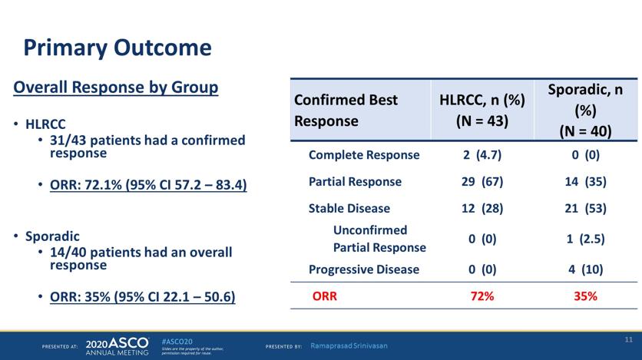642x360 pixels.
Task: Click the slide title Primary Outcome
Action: (x=117, y=48)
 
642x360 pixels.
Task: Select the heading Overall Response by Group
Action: (x=116, y=88)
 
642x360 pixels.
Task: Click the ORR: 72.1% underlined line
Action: (x=148, y=185)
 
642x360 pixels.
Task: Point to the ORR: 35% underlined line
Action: (x=143, y=296)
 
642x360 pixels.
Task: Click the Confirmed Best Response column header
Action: (x=346, y=111)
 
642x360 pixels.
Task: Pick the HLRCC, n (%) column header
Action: (x=482, y=111)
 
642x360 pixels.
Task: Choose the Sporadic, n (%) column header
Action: (x=585, y=110)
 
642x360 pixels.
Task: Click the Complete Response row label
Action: (x=364, y=155)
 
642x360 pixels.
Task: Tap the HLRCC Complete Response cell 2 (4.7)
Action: (x=482, y=155)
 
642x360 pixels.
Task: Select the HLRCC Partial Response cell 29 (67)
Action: (x=482, y=182)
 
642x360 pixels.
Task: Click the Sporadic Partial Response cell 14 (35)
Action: (x=585, y=182)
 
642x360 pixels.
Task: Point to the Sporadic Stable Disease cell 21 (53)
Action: (x=585, y=209)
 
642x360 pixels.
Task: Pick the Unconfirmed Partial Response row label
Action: (x=379, y=239)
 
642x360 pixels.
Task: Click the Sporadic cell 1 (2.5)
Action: (x=585, y=239)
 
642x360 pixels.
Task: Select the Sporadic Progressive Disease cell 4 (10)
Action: (x=585, y=269)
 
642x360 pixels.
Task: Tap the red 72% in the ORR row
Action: (x=482, y=296)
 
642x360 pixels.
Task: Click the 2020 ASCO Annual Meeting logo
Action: (x=117, y=346)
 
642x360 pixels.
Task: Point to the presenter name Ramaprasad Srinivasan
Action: (x=349, y=346)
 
